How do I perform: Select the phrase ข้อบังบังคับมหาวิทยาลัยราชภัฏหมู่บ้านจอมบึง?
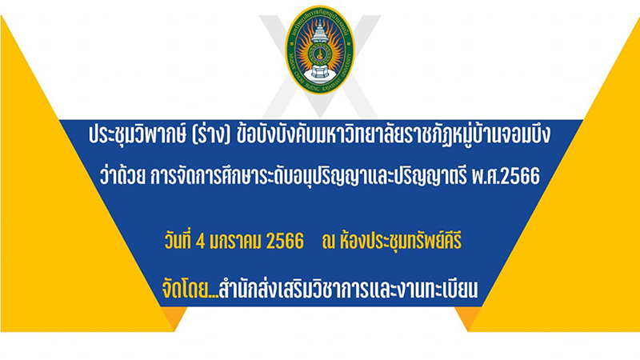[394, 134]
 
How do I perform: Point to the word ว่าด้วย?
[122, 175]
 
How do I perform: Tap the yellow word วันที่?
[178, 241]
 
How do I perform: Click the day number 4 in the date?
[200, 242]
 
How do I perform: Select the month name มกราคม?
[234, 242]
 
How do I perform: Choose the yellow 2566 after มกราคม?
[285, 242]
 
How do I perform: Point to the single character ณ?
[328, 242]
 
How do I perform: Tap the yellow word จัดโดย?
[185, 289]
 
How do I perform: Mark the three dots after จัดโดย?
[213, 296]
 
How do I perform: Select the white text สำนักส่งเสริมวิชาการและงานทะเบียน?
[348, 289]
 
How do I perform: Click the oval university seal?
[319, 50]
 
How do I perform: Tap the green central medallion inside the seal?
[320, 53]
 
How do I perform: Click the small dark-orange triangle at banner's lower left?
[174, 316]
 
